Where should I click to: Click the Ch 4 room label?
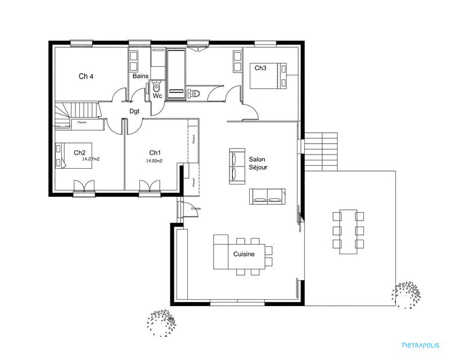[x=86, y=76]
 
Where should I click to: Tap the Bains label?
[x=140, y=76]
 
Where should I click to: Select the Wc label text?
[x=158, y=96]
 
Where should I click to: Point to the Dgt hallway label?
[x=134, y=111]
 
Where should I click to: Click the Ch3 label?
[x=260, y=68]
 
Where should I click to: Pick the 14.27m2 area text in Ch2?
[x=91, y=159]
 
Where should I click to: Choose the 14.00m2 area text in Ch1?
[x=154, y=161]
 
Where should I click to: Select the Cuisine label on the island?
[x=244, y=254]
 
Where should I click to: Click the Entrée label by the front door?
[x=196, y=209]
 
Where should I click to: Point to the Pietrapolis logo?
[x=420, y=345]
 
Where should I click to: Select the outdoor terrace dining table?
[x=348, y=231]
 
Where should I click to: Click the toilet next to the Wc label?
[x=156, y=88]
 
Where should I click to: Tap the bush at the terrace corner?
[x=406, y=293]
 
